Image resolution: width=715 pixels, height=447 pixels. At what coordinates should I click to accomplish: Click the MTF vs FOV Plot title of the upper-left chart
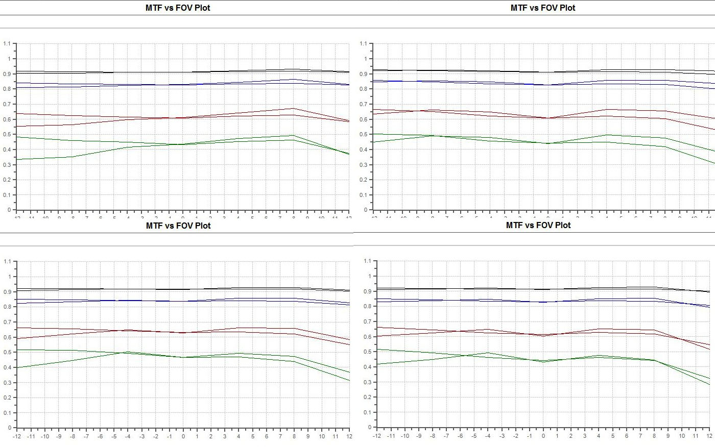point(178,8)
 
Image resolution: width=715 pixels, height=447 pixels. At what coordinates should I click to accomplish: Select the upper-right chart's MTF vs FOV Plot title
point(542,8)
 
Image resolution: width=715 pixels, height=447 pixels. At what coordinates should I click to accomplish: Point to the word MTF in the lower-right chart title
point(515,225)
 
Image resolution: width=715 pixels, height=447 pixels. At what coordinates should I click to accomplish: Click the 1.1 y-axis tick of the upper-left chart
point(7,44)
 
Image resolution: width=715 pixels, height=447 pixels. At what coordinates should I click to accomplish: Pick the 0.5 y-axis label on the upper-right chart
point(363,135)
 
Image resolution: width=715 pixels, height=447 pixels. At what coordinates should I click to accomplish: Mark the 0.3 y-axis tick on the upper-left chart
point(7,165)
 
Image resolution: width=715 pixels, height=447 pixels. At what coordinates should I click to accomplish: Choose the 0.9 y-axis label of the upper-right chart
point(363,74)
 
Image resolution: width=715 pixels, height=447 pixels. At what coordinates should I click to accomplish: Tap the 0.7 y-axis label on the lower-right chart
point(367,321)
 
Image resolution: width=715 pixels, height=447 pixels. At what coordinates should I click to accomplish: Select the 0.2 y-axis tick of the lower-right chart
point(367,397)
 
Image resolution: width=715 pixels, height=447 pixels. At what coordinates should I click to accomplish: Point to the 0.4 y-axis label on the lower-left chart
point(7,367)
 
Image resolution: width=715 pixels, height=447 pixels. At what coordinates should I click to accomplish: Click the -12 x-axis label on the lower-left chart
point(17,436)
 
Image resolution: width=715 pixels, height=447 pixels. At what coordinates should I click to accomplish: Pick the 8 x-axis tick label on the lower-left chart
point(294,436)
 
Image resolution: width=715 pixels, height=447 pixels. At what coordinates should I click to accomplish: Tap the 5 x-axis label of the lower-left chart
point(252,436)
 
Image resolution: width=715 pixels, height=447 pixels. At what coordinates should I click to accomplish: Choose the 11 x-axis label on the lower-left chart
point(336,436)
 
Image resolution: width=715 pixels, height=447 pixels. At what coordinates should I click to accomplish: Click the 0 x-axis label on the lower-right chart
point(543,436)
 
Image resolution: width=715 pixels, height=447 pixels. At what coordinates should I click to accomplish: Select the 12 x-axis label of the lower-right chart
point(709,436)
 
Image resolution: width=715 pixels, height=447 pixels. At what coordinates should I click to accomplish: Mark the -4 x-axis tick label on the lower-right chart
point(488,436)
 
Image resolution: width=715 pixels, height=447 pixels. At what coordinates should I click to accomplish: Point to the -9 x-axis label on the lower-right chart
point(418,436)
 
